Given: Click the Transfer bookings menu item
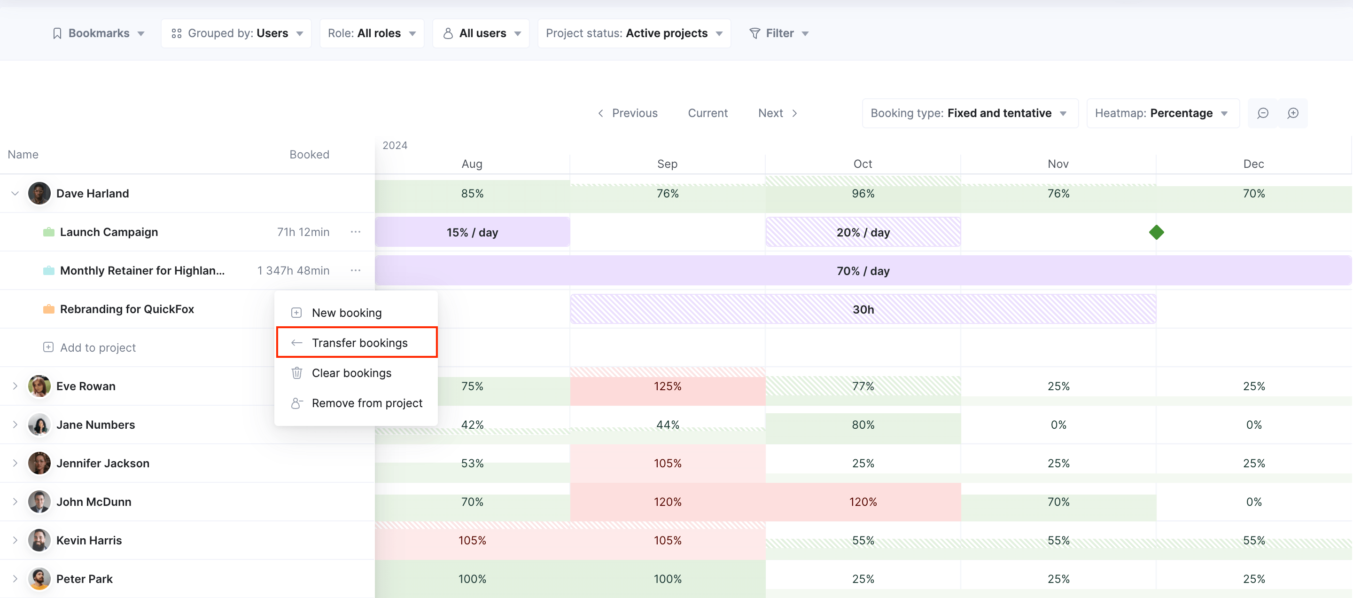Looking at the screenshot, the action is [357, 343].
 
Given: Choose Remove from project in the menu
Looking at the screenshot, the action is [357, 403].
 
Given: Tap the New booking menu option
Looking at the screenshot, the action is [347, 313].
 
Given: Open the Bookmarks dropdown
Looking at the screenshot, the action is [99, 33].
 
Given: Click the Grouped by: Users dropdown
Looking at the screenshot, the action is [237, 33].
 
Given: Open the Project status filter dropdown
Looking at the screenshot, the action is [634, 33].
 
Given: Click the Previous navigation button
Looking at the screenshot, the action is [628, 113].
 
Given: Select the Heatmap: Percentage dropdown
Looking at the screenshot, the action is [1163, 113].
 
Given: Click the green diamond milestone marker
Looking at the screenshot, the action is [1156, 232].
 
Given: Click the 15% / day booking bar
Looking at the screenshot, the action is [472, 232].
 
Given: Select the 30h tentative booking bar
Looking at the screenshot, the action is [863, 309].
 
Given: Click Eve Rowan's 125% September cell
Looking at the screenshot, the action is [668, 386].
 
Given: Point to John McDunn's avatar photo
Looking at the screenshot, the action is [39, 502].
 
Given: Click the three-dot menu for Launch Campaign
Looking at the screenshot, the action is [356, 232].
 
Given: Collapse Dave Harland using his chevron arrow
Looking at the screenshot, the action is [15, 193].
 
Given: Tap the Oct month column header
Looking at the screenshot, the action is [863, 164].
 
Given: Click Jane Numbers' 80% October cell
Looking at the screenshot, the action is [863, 425].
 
